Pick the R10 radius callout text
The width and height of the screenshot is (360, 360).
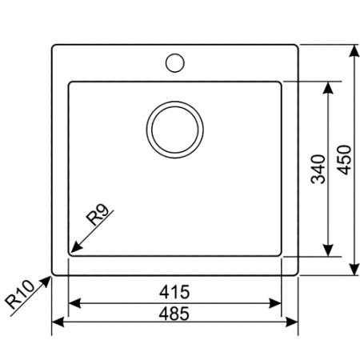coord(19,295)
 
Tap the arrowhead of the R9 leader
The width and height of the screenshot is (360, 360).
coord(74,250)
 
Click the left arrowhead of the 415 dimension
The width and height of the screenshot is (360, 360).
coord(73,304)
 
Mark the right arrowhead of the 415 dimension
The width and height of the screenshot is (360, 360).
coord(277,304)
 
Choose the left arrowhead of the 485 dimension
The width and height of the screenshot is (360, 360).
coord(57,324)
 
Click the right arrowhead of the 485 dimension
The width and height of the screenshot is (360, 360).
coord(293,324)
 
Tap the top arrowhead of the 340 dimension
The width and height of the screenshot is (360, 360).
coord(328,86)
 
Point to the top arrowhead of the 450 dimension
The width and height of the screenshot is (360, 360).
coord(353,50)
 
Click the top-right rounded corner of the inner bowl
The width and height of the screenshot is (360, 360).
coord(279,83)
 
